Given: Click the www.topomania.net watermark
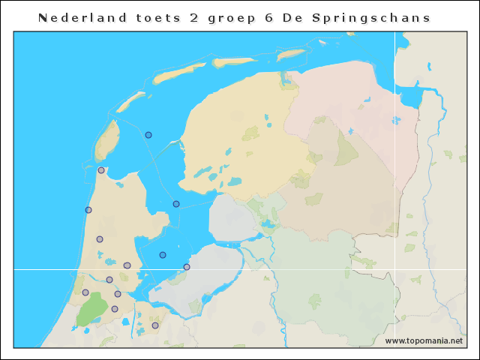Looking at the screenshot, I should pyautogui.click(x=424, y=340).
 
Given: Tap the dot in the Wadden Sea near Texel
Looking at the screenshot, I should pyautogui.click(x=148, y=135).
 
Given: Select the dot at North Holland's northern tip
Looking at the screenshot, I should pyautogui.click(x=101, y=170).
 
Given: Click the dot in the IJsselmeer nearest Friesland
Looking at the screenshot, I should pyautogui.click(x=176, y=204).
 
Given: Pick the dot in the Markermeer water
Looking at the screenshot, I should pyautogui.click(x=163, y=255).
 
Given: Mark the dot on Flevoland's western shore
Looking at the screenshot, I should pyautogui.click(x=187, y=267).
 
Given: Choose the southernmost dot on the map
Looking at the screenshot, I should pyautogui.click(x=155, y=325).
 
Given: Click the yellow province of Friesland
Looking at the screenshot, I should pyautogui.click(x=240, y=135).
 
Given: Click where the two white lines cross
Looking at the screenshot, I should pyautogui.click(x=395, y=268).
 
